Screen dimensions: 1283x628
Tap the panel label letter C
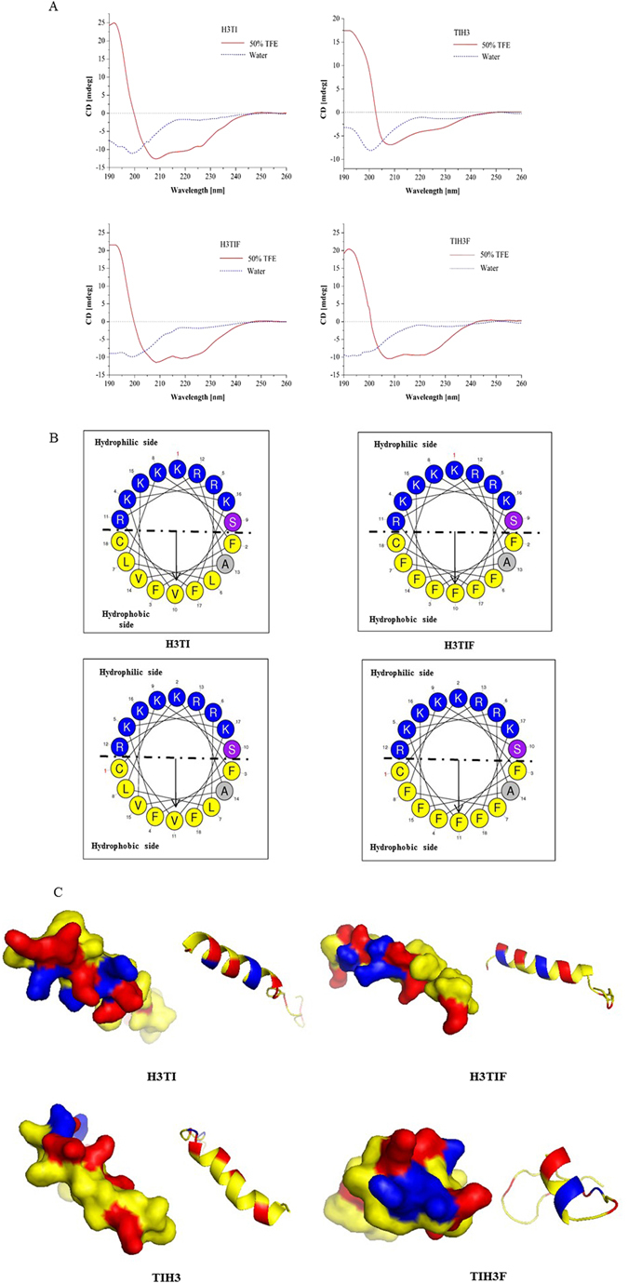coord(59,890)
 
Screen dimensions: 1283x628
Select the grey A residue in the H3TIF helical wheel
coord(503,561)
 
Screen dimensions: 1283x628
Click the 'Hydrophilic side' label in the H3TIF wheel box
coord(402,446)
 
